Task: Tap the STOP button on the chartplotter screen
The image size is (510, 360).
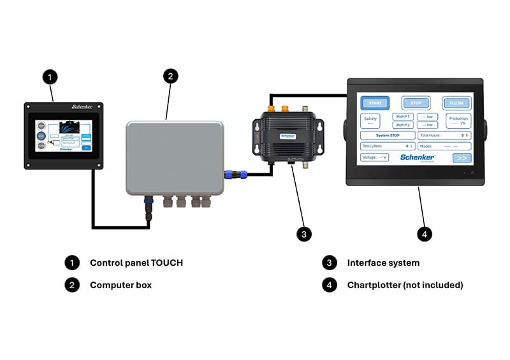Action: click(x=416, y=103)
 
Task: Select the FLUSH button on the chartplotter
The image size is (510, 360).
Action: click(x=456, y=103)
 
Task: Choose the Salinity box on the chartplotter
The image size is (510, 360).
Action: click(x=370, y=120)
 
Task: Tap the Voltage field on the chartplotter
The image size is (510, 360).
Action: click(x=374, y=157)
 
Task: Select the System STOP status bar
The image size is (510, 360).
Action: click(x=388, y=135)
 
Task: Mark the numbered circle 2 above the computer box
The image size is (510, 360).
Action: click(x=169, y=76)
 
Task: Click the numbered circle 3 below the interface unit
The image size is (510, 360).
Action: click(x=305, y=234)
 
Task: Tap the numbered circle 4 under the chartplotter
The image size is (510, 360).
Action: click(x=425, y=234)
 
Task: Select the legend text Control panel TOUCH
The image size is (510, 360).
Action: click(x=136, y=263)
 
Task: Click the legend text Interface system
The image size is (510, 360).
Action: click(x=383, y=263)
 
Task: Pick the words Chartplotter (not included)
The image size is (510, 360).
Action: click(x=405, y=285)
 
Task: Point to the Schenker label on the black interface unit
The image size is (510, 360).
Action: click(x=288, y=136)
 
